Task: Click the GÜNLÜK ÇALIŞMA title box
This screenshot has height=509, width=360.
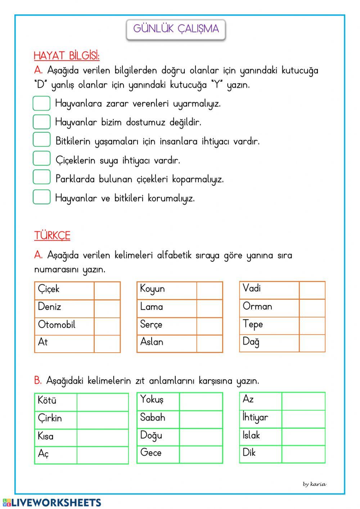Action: pyautogui.click(x=176, y=29)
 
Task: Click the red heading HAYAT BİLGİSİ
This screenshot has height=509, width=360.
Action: pyautogui.click(x=67, y=56)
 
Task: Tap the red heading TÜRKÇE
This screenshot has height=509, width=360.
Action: pyautogui.click(x=52, y=236)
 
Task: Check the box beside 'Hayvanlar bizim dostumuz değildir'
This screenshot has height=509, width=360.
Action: pyautogui.click(x=41, y=122)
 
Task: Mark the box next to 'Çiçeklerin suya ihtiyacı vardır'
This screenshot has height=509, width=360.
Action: pyautogui.click(x=41, y=158)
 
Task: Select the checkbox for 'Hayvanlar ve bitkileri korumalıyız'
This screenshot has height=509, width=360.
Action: pyautogui.click(x=41, y=197)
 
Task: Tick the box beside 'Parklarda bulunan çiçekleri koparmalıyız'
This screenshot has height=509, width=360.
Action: pyautogui.click(x=41, y=177)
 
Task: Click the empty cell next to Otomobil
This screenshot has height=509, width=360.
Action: pyautogui.click(x=107, y=326)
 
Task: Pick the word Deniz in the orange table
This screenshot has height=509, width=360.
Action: pyautogui.click(x=50, y=307)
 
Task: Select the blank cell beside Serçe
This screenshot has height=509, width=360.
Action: pyautogui.click(x=209, y=326)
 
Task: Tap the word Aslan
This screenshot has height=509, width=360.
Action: pyautogui.click(x=152, y=342)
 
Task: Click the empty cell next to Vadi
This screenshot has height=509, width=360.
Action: pyautogui.click(x=312, y=290)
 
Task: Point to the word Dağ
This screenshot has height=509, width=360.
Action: pyautogui.click(x=251, y=342)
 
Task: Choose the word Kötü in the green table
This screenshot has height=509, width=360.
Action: pyautogui.click(x=47, y=400)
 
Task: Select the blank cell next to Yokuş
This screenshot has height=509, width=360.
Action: pyautogui.click(x=201, y=401)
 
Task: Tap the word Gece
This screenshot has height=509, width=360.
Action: pyautogui.click(x=151, y=453)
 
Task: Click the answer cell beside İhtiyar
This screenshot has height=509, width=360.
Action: pyautogui.click(x=303, y=419)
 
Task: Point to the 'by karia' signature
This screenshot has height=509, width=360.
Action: pyautogui.click(x=314, y=484)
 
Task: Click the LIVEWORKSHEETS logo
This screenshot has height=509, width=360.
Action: pyautogui.click(x=52, y=503)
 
